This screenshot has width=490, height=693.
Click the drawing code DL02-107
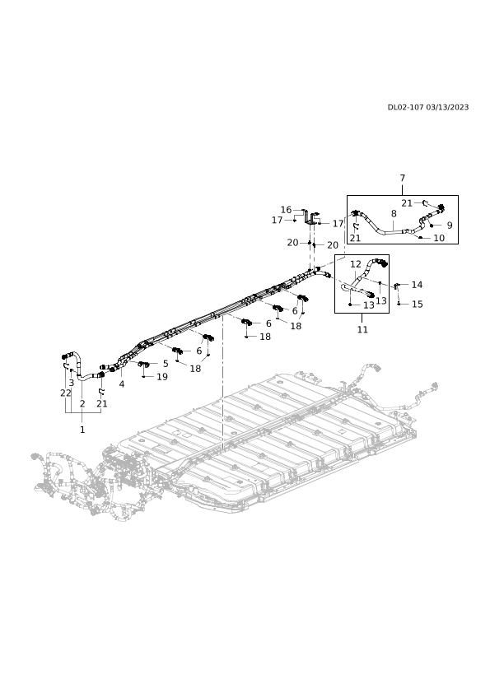[405, 107]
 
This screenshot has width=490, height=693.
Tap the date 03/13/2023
[447, 107]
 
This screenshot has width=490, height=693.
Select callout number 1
[82, 429]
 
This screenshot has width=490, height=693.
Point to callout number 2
[82, 403]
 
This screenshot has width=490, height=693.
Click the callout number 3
[71, 383]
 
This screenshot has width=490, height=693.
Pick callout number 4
[122, 384]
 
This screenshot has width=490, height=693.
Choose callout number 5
[166, 364]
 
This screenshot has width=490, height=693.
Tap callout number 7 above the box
[403, 178]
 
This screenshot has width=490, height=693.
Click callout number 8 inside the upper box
[394, 214]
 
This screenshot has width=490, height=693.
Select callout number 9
[450, 226]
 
